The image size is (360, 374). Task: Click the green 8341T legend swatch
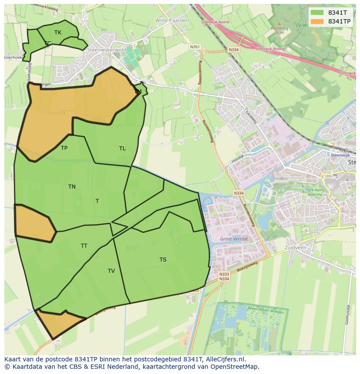(x=317, y=13)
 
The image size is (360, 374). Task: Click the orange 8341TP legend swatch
(x=317, y=21)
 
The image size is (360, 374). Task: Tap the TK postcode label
(x=58, y=33)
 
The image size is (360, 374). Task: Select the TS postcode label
(x=163, y=260)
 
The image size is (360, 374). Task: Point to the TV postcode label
(x=111, y=271)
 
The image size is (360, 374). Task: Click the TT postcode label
(x=84, y=246)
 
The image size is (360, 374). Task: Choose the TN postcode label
(x=72, y=187)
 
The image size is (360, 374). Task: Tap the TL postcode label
(x=122, y=149)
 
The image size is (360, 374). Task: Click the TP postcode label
(x=64, y=148)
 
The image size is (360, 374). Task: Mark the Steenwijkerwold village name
(x=107, y=50)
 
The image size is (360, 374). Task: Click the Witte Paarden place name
(x=172, y=20)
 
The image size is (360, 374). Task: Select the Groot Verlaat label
(x=234, y=239)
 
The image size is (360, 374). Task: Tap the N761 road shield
(x=195, y=46)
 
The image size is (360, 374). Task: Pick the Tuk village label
(x=244, y=108)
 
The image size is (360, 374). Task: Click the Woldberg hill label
(x=279, y=29)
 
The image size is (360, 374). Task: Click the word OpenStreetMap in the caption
(x=235, y=367)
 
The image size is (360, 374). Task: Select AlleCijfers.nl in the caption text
(x=226, y=359)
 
